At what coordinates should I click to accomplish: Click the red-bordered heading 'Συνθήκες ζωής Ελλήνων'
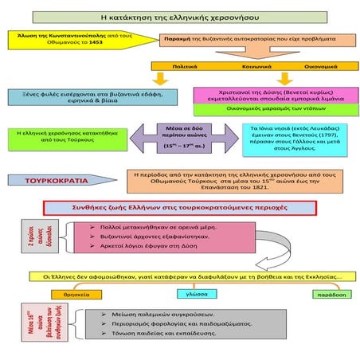pos(180,208)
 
